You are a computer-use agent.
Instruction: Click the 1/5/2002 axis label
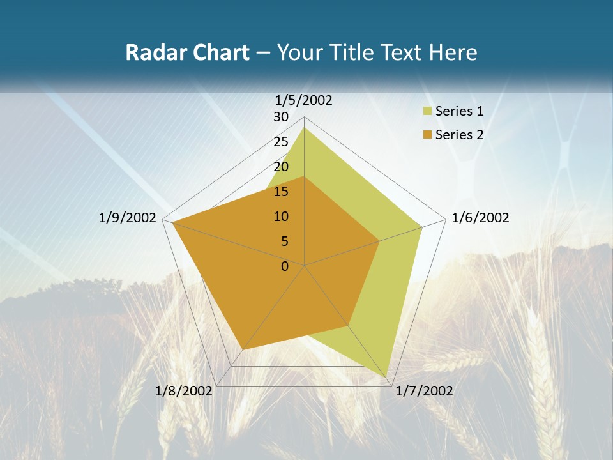pos(304,100)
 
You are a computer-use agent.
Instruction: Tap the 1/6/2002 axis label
pos(480,218)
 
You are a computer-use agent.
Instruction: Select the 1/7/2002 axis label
pos(424,391)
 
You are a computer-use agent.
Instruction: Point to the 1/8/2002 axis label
pos(184,391)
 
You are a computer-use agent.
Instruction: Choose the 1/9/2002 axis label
pos(128,218)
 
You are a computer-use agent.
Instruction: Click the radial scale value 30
pos(281,117)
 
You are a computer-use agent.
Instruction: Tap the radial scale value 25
pos(281,142)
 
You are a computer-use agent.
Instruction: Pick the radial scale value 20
pos(281,167)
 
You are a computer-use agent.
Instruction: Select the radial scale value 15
pos(281,192)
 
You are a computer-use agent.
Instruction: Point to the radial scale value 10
pos(281,217)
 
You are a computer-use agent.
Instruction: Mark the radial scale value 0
pos(285,266)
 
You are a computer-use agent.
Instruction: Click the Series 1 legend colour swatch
pos(427,112)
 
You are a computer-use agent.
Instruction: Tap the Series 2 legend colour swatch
pos(427,135)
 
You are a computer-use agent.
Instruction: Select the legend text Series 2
pos(459,135)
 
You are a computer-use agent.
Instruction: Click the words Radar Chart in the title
pos(187,52)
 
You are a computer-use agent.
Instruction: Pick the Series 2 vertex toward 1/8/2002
pos(243,349)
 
